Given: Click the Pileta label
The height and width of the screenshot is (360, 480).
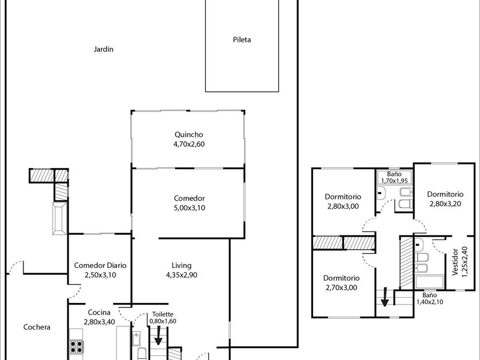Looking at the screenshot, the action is [242, 39].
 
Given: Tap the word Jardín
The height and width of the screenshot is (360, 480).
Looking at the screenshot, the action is [103, 49].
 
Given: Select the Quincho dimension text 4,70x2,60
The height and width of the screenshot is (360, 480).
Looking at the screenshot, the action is [189, 144].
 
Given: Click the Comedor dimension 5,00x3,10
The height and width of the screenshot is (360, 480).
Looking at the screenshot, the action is [189, 208].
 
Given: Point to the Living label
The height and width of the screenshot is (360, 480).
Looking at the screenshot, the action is [182, 266].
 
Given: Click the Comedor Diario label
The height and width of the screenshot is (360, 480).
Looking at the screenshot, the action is [100, 265].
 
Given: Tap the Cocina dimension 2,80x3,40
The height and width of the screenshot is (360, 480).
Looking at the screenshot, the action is [99, 322].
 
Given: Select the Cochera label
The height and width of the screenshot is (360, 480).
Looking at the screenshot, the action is [37, 327].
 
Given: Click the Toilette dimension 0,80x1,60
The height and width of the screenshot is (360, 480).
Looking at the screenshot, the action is [162, 321].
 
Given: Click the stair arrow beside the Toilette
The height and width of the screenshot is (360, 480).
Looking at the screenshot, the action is [158, 335].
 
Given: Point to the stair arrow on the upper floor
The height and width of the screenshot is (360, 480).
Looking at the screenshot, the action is [385, 297].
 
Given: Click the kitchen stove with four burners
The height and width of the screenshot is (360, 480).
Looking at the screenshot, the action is [76, 347].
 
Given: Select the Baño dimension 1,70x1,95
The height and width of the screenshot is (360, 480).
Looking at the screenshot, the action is [394, 181].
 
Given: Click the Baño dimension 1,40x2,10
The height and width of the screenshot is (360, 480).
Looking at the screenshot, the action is [430, 302].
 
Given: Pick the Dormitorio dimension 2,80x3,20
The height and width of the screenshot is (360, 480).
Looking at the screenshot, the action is [445, 204].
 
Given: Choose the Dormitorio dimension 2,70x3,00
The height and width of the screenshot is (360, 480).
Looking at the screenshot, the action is [341, 288].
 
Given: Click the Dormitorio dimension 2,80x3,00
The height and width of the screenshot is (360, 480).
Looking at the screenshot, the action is [343, 206].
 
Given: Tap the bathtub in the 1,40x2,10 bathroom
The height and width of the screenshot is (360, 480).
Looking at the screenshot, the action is [430, 282].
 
